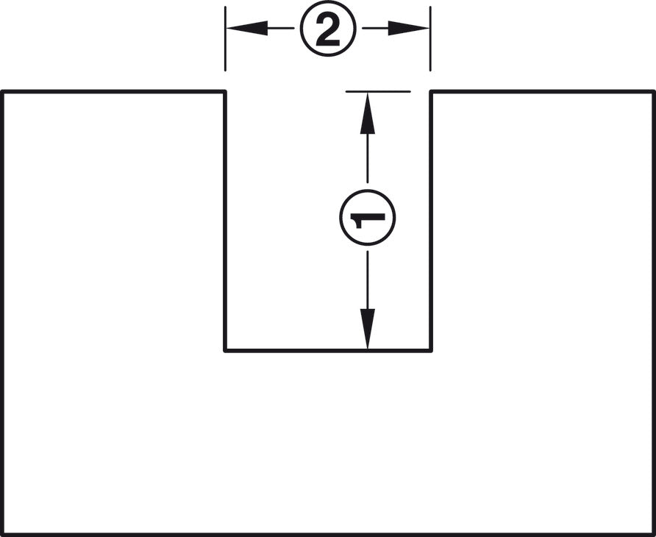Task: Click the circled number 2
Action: pos(328,29)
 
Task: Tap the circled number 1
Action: pos(367,217)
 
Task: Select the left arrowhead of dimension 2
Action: pos(247,28)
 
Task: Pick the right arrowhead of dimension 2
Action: pos(408,28)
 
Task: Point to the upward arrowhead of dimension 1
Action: pos(367,113)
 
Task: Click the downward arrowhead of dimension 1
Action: pos(367,329)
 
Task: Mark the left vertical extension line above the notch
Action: pos(226,39)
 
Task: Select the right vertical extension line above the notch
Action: pos(430,39)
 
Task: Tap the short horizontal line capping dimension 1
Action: pos(378,91)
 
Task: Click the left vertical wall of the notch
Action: pos(226,221)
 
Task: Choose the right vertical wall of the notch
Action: pos(430,221)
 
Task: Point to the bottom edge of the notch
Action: pos(328,350)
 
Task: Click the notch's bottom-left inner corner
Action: pos(226,350)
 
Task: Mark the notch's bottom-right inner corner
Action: pos(430,350)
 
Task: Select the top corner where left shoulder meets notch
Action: pos(226,91)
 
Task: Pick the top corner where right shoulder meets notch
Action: pos(430,91)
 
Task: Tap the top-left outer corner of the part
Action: pos(2,92)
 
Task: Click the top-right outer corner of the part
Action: pos(654,92)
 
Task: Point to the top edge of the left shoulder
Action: pos(114,92)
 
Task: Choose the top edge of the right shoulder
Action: pos(542,92)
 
